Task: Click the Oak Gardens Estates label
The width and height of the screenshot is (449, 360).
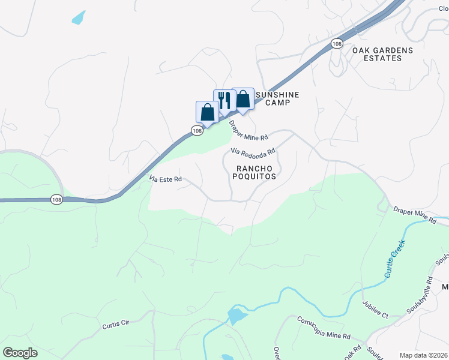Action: pos(382,54)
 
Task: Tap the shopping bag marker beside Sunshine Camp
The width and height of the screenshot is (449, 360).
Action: pos(243,100)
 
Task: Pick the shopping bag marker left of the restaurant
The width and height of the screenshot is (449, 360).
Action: pos(207,112)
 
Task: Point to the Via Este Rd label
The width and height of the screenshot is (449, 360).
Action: pos(165,179)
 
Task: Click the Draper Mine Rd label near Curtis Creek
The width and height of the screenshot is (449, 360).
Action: pos(414,216)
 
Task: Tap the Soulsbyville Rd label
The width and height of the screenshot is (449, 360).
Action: pos(421,289)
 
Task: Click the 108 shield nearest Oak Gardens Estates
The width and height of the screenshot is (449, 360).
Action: pos(337,44)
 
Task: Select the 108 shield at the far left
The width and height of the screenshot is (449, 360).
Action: pos(56,200)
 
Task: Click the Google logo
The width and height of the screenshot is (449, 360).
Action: pos(20,353)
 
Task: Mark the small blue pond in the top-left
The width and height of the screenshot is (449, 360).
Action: pos(79,19)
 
